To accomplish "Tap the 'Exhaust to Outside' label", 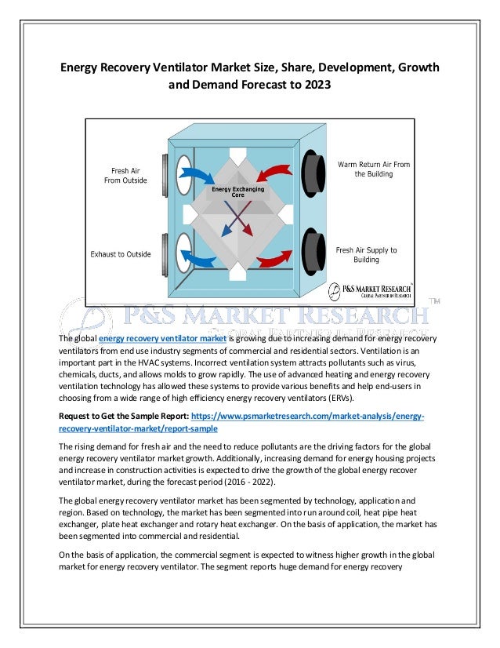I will point(121,253).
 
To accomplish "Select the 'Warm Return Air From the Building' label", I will point(374,169).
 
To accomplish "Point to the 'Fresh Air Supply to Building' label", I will point(367,255).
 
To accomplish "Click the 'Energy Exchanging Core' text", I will point(238,191).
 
